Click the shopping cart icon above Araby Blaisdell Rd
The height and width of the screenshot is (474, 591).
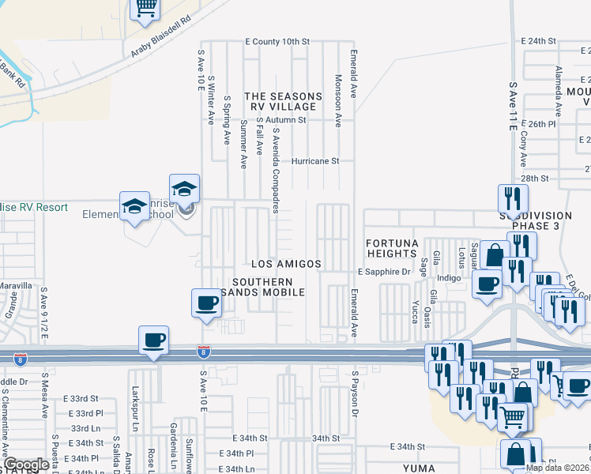(x=145, y=8)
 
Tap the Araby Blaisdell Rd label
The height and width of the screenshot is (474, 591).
(x=162, y=37)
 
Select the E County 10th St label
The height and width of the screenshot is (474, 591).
(x=277, y=41)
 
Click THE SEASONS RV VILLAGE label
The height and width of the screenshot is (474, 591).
(x=284, y=101)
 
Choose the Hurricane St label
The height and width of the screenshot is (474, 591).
(x=315, y=160)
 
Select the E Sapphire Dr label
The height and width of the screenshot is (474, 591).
(x=385, y=271)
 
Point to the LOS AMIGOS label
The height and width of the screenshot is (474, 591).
(x=286, y=264)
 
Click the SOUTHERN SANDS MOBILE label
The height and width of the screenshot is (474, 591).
(x=269, y=288)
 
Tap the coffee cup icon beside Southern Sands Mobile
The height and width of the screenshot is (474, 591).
(x=207, y=303)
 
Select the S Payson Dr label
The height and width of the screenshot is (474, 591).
(x=356, y=393)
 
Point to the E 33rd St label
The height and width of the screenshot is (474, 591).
(x=82, y=399)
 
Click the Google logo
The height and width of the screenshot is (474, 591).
(x=26, y=465)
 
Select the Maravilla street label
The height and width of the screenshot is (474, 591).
(x=16, y=285)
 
